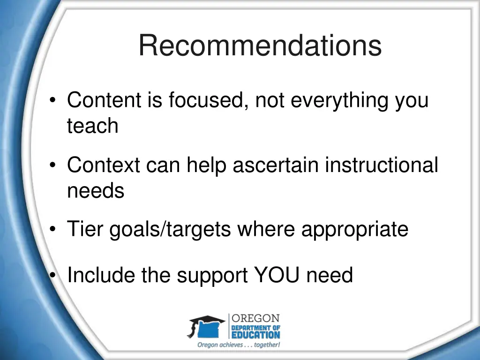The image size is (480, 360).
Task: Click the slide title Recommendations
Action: click(x=260, y=46)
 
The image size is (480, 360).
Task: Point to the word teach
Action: click(x=92, y=126)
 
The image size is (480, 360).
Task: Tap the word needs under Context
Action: click(x=96, y=191)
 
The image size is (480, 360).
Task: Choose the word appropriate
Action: click(x=354, y=230)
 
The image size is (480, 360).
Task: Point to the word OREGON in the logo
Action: click(x=256, y=318)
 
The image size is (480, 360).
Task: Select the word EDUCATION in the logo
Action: click(x=256, y=335)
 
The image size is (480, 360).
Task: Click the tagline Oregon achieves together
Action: click(x=238, y=345)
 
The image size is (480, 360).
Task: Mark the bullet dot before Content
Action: click(x=54, y=100)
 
